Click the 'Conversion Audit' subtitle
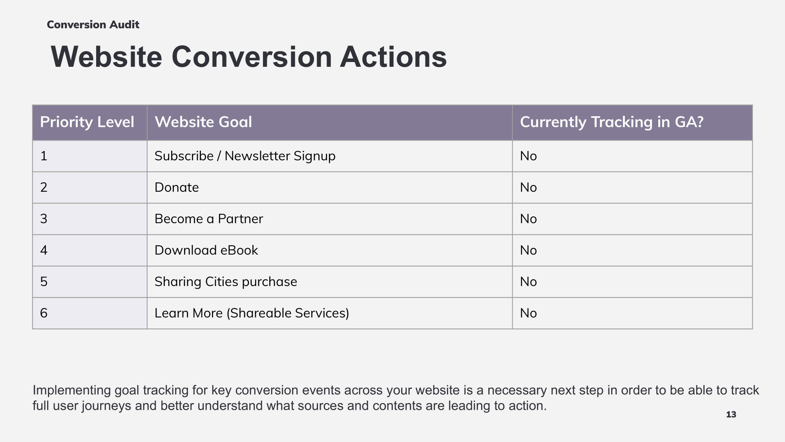[93, 25]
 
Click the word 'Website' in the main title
[106, 57]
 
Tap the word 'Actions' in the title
[393, 57]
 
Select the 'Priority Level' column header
[87, 122]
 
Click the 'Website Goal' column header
[203, 122]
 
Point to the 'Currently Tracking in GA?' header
[612, 122]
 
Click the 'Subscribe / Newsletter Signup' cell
[245, 156]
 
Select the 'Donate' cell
[177, 187]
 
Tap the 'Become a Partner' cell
[209, 219]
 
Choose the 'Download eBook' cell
[206, 250]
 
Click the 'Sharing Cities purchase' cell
[226, 282]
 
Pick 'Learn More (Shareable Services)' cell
[252, 313]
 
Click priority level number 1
[44, 156]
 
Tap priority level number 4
[44, 250]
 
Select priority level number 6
[44, 313]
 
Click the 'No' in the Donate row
[528, 187]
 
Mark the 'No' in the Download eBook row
[528, 250]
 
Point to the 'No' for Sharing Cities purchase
[528, 282]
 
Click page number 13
[731, 414]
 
